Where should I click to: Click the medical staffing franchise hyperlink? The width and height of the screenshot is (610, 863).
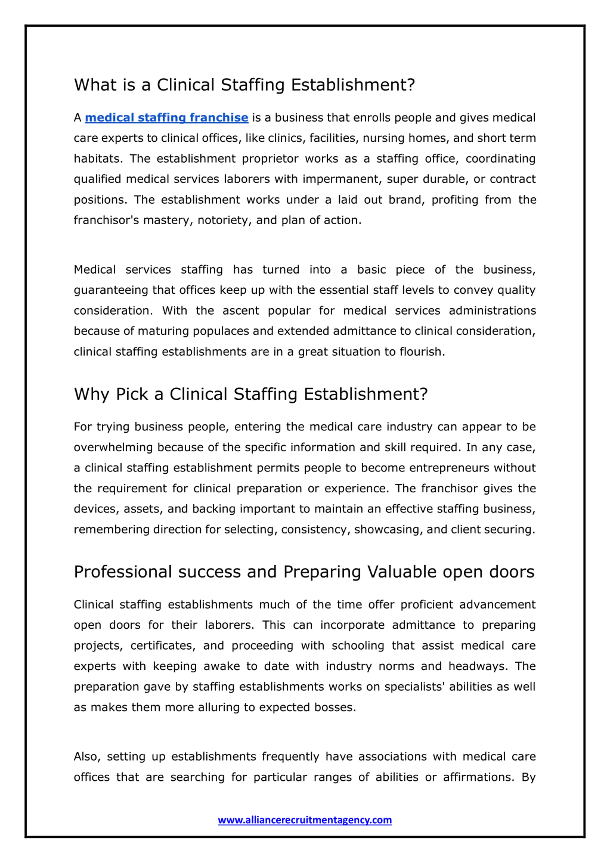pos(167,118)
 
